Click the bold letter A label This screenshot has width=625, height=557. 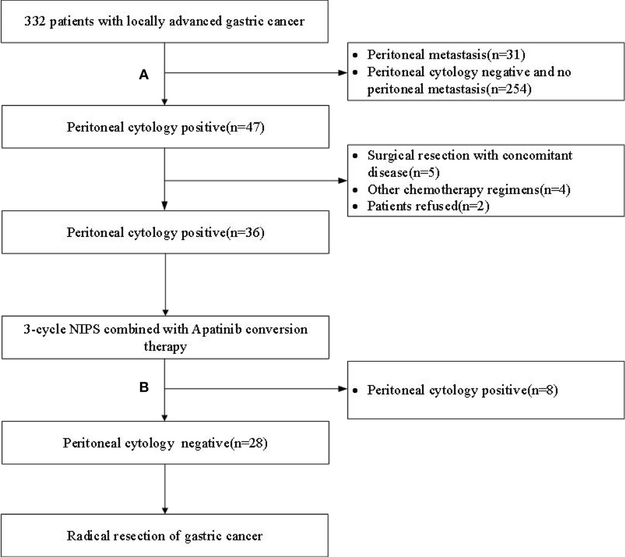pyautogui.click(x=144, y=75)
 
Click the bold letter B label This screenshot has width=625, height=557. pyautogui.click(x=144, y=388)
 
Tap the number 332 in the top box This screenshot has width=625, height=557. pyautogui.click(x=34, y=21)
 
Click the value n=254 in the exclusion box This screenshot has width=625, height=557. pyautogui.click(x=512, y=90)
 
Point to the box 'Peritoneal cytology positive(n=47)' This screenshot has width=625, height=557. pyautogui.click(x=165, y=127)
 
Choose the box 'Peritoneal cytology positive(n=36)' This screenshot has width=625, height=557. pyautogui.click(x=165, y=232)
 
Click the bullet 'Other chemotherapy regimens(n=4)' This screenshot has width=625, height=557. pyautogui.click(x=468, y=190)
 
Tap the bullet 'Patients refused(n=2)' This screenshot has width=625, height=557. pyautogui.click(x=428, y=206)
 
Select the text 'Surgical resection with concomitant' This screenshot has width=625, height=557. pyautogui.click(x=469, y=155)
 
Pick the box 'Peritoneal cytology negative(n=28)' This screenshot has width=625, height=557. pyautogui.click(x=165, y=443)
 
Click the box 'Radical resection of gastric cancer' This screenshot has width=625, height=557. pyautogui.click(x=165, y=536)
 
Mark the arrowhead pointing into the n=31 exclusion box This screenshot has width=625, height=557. pyautogui.click(x=343, y=73)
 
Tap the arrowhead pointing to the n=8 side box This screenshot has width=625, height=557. pyautogui.click(x=343, y=388)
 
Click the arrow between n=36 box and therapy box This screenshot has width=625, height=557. pyautogui.click(x=165, y=284)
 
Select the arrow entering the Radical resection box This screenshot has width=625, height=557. pyautogui.click(x=165, y=490)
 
